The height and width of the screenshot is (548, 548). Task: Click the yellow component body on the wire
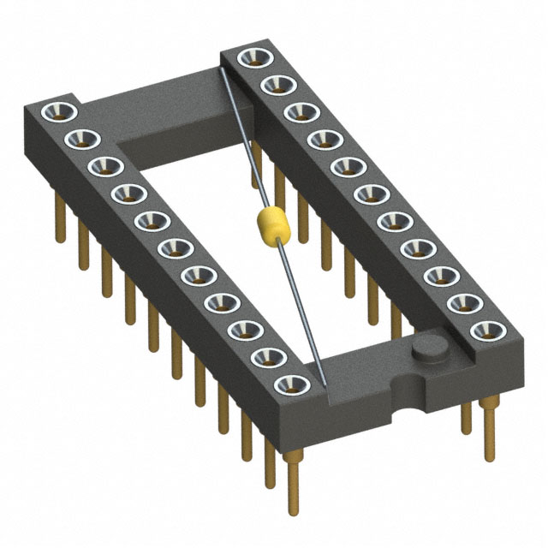(x=270, y=226)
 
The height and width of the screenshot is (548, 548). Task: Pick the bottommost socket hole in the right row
(x=487, y=330)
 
